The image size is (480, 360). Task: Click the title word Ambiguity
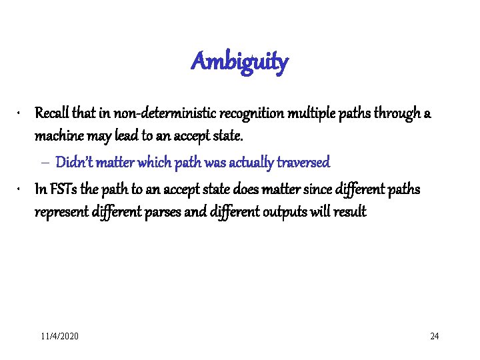[x=239, y=62]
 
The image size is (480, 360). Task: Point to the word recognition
[x=225, y=113]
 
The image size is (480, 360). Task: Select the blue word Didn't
[x=73, y=162]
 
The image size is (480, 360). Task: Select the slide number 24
[x=434, y=336]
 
